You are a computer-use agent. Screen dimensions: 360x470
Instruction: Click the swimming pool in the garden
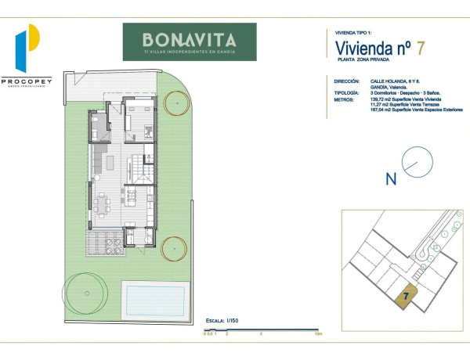[x=154, y=297]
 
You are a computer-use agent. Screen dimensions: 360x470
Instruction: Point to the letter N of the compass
[x=391, y=179]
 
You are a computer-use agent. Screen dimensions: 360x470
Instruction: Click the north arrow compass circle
[x=417, y=163]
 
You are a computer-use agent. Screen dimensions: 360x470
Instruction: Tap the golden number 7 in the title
[x=421, y=48]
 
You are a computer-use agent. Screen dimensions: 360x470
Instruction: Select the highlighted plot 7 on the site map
[x=406, y=297]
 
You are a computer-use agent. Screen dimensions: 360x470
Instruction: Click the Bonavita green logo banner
[x=190, y=41]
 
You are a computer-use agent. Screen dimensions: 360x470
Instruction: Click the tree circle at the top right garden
[x=178, y=103]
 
